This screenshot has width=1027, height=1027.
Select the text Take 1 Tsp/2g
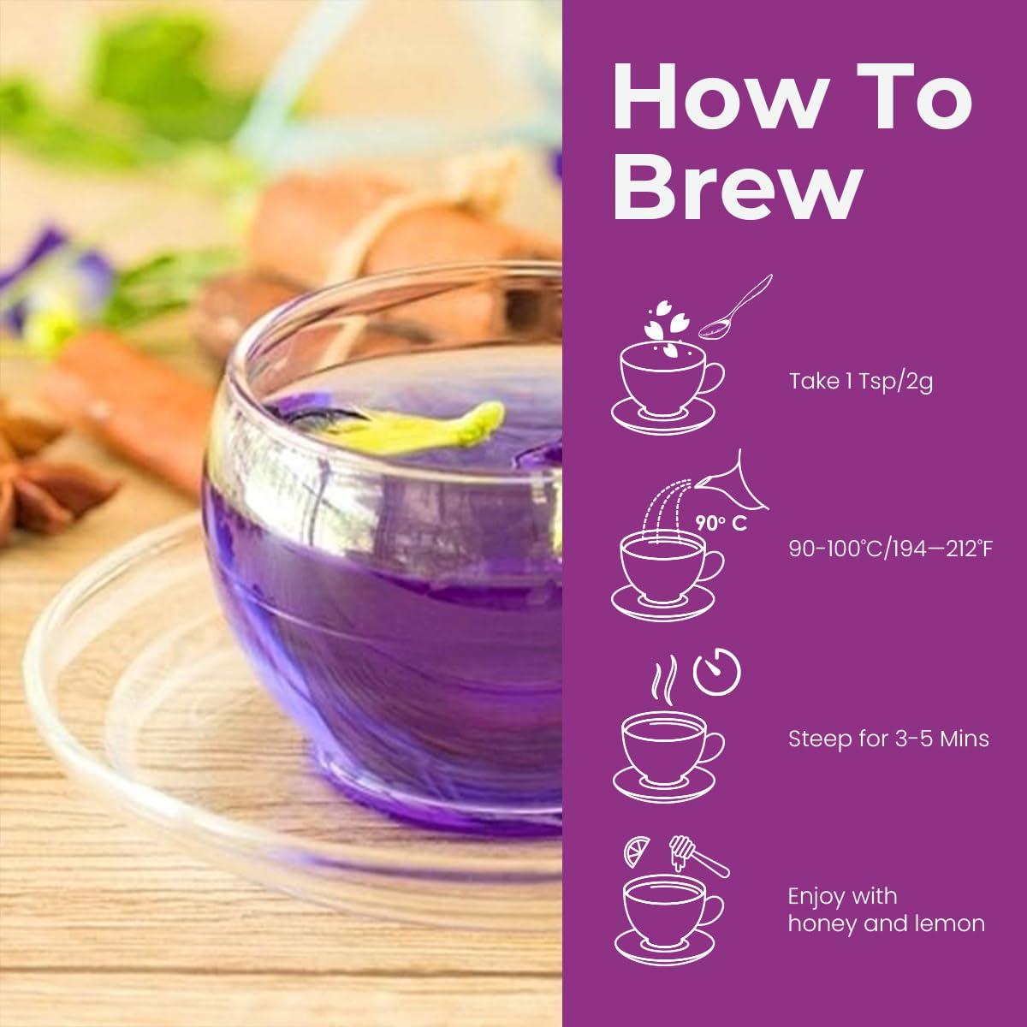pos(860,381)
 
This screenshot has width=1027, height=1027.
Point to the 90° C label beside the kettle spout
pos(721,524)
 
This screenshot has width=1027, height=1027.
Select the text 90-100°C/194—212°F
pos(890,548)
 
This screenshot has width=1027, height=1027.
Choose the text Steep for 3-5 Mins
pos(888,738)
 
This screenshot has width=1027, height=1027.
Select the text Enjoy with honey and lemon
pos(886,910)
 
